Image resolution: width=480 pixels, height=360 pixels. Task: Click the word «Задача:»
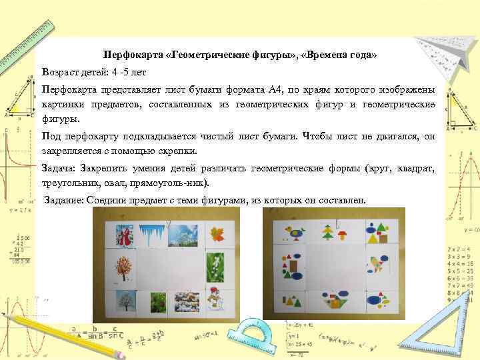61,168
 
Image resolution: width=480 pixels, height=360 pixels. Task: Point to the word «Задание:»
64,201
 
